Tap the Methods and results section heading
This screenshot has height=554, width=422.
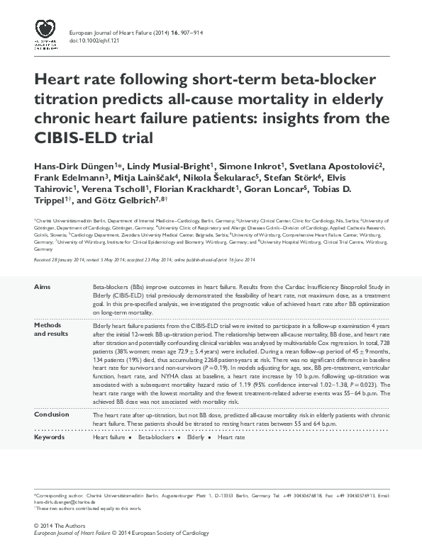pyautogui.click(x=52, y=329)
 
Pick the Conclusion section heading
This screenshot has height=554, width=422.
pyautogui.click(x=52, y=414)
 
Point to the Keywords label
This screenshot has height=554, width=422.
pyautogui.click(x=50, y=437)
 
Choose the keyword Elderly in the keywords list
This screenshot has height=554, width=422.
pyautogui.click(x=195, y=438)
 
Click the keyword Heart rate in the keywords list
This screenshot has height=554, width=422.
pyautogui.click(x=231, y=438)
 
